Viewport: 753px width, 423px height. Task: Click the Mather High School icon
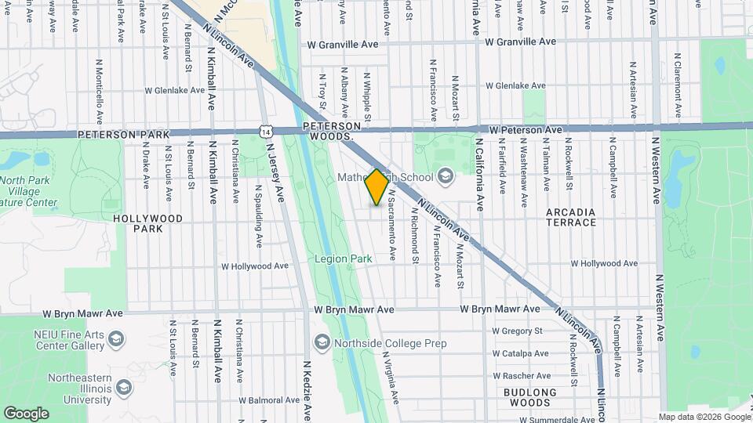446,176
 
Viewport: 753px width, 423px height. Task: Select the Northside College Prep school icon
322,342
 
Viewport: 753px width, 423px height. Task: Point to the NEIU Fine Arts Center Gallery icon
116,338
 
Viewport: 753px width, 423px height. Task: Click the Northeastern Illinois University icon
123,387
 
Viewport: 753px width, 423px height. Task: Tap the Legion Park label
344,258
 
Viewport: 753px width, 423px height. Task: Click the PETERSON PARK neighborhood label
123,135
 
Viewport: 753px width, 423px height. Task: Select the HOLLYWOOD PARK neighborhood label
147,223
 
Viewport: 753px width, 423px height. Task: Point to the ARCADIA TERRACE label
572,217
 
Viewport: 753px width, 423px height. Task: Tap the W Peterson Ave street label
525,129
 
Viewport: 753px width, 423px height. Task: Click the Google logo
26,413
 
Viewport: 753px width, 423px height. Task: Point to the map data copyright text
704,417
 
